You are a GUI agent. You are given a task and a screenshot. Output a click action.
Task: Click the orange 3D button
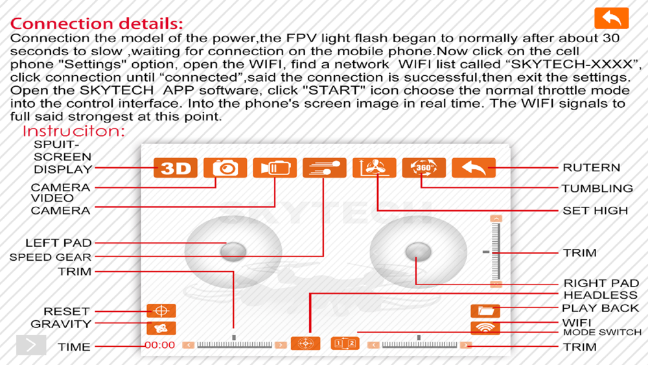175,168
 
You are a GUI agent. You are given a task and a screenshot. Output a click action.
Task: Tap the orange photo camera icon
225,168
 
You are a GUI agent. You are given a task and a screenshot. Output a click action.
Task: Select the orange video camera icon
275,168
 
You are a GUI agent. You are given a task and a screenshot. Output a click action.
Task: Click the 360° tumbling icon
424,168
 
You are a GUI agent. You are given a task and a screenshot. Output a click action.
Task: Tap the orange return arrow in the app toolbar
474,168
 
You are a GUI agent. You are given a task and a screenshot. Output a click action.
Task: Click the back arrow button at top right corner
611,18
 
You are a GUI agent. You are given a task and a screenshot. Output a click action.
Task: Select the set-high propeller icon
374,168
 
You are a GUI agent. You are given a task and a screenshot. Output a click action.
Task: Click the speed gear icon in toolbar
324,168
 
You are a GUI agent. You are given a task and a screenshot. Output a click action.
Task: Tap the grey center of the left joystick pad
233,251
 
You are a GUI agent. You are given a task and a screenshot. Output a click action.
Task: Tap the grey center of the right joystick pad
418,252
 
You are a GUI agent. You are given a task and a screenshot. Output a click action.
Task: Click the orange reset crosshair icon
161,311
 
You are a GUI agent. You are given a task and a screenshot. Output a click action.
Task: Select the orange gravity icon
161,328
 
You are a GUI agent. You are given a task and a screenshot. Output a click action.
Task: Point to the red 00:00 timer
160,346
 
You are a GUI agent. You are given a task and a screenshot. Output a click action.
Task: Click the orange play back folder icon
485,311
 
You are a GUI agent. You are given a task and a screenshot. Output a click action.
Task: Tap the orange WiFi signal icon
485,327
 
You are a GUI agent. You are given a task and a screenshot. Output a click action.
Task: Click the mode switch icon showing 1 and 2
345,344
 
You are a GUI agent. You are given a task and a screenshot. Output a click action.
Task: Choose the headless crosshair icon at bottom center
306,344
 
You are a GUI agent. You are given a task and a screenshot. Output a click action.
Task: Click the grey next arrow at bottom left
31,344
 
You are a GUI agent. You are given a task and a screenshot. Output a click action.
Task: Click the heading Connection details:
97,24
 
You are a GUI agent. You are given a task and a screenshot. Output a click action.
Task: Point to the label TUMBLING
597,189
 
